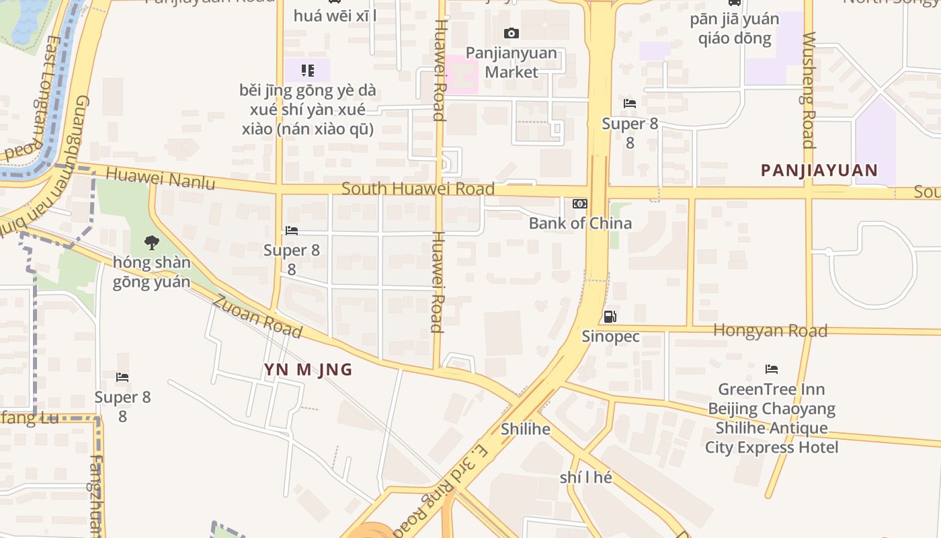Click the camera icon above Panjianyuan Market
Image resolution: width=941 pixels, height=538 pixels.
(x=512, y=33)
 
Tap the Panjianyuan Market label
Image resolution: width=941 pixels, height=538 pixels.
(x=512, y=63)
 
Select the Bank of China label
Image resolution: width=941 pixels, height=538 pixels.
(x=580, y=223)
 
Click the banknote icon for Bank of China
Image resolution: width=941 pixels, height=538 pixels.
(x=579, y=204)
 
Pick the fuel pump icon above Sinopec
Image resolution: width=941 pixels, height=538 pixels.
(x=610, y=317)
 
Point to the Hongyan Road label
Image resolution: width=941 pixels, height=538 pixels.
(x=770, y=330)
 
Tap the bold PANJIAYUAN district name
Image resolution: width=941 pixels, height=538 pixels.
(x=819, y=170)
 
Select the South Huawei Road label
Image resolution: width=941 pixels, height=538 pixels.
(x=418, y=188)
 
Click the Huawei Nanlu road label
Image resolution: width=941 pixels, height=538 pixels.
(x=161, y=178)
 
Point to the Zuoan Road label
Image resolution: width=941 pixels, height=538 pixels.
(x=257, y=316)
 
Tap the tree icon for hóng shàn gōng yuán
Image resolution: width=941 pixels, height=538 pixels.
(x=152, y=242)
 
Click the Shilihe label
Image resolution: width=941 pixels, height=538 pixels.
(x=526, y=429)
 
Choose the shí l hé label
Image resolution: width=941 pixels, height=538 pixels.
(x=586, y=477)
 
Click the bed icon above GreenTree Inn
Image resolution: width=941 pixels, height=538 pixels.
(x=772, y=369)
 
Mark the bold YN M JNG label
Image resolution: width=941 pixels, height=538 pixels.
(x=308, y=369)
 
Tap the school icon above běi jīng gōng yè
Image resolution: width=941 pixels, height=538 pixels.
(x=308, y=70)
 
